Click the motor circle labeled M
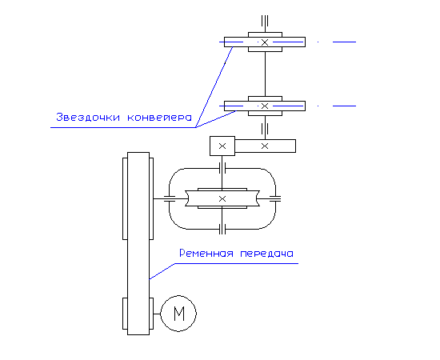[178, 314]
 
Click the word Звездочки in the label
[88, 117]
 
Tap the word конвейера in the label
[159, 118]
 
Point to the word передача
[267, 254]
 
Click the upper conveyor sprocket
[265, 42]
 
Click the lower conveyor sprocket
[265, 106]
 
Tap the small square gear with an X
[222, 146]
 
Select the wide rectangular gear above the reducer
[265, 146]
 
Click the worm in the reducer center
[222, 198]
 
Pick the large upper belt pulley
[138, 198]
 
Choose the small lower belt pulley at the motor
[138, 314]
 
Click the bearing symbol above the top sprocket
[265, 21]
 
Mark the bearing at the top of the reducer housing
[222, 168]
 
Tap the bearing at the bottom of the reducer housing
[222, 229]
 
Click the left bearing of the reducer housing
[170, 198]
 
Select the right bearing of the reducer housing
[275, 198]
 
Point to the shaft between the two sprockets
[265, 74]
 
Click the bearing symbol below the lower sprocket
[265, 129]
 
